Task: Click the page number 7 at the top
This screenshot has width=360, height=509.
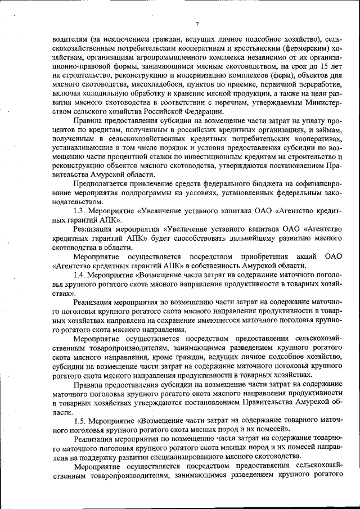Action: pyautogui.click(x=197, y=24)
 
